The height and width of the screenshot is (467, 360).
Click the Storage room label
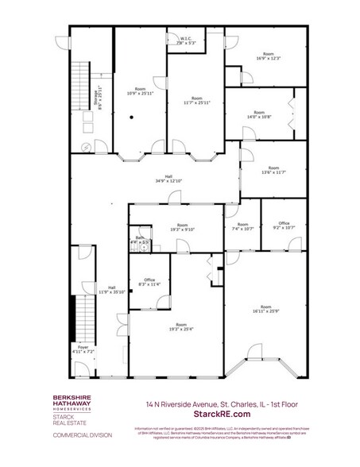click(x=97, y=97)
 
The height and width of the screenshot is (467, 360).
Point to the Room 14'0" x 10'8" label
click(x=259, y=114)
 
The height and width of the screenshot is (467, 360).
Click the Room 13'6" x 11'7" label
click(x=273, y=170)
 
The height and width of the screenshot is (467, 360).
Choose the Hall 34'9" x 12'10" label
click(x=168, y=179)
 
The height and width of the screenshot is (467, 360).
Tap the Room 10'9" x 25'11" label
click(x=140, y=91)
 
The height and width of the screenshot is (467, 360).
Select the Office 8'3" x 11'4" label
click(x=149, y=281)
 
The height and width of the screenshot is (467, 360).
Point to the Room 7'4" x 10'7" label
click(x=243, y=228)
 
